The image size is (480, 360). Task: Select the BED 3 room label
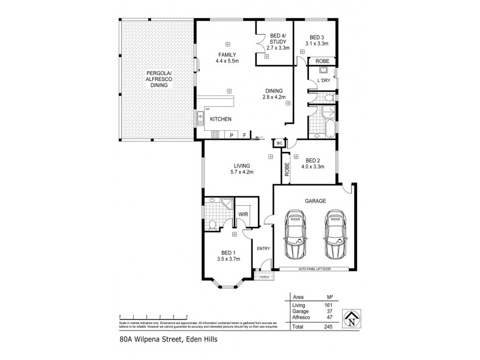click(x=316, y=40)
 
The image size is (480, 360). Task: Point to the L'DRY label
click(x=324, y=80)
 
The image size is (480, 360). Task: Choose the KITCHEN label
click(x=220, y=119)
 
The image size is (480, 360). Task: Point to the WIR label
click(x=243, y=214)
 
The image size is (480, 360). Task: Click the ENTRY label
click(x=263, y=248)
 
